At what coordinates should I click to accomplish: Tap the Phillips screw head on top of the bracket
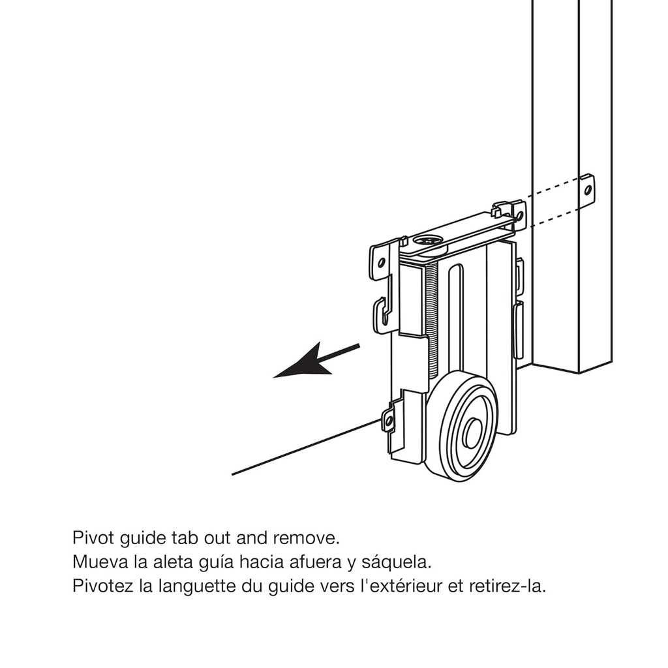[x=427, y=241]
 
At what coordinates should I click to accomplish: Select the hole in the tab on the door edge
[x=587, y=190]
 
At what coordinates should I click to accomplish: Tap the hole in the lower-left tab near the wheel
[x=389, y=421]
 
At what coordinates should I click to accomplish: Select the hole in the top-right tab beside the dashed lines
[x=519, y=214]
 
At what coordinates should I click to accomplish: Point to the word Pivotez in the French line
[x=103, y=585]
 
